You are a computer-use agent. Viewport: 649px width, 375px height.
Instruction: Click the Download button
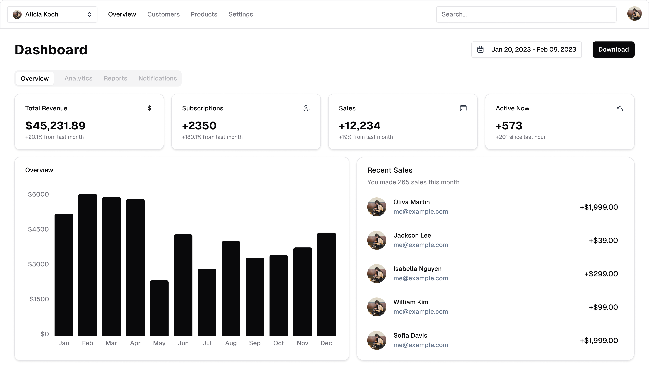(613, 49)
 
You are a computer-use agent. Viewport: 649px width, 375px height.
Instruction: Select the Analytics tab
(78, 78)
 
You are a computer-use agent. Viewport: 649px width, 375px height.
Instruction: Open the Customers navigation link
(163, 14)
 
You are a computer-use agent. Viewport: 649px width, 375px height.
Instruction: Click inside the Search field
(526, 14)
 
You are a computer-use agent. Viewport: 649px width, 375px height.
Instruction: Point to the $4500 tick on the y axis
(38, 229)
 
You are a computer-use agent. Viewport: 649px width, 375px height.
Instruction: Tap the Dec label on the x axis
(326, 343)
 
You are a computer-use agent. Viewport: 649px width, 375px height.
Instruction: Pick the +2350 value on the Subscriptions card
(199, 126)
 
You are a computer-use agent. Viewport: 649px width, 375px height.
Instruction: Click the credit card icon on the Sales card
(463, 108)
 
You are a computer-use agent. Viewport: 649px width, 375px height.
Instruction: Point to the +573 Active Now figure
(509, 126)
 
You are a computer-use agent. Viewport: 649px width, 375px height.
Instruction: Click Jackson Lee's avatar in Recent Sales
(376, 240)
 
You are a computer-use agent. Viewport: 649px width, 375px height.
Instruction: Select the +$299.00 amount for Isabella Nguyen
(601, 274)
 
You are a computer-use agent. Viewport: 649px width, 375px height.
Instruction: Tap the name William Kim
(411, 302)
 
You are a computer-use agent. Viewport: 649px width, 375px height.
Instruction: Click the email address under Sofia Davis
(420, 345)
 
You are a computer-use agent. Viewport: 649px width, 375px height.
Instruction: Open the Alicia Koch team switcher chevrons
(89, 14)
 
